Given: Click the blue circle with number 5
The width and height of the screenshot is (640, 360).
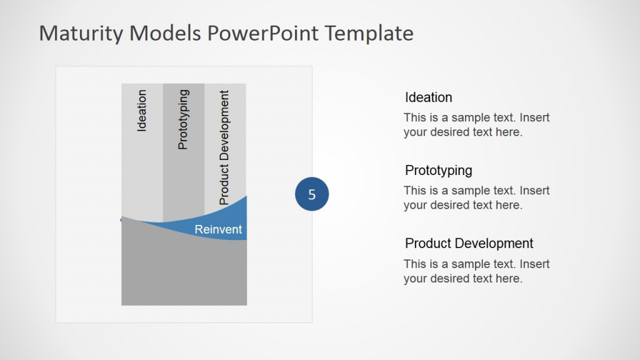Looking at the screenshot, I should tap(311, 194).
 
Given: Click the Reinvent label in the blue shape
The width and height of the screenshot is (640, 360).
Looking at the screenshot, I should tap(218, 229).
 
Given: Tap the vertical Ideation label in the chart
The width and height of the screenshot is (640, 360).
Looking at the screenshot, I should tap(142, 111).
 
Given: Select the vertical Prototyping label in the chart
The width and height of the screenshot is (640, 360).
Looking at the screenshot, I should tap(183, 119).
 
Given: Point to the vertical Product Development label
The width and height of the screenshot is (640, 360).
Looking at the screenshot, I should tap(224, 147).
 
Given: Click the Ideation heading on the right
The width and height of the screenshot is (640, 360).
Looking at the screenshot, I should tap(428, 97).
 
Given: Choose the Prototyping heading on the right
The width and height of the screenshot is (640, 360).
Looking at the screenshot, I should tap(438, 171).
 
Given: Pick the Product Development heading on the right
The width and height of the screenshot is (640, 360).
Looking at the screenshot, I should tap(469, 244).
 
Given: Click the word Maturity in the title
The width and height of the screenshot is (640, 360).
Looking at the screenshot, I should tap(81, 33).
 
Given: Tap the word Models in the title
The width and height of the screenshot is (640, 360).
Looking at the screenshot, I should tap(166, 33).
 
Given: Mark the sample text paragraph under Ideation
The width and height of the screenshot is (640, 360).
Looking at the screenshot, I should tap(476, 124).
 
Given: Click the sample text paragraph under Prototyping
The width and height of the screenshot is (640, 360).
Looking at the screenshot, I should tap(476, 197).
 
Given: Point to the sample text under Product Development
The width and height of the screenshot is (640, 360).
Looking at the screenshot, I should tap(476, 271).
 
